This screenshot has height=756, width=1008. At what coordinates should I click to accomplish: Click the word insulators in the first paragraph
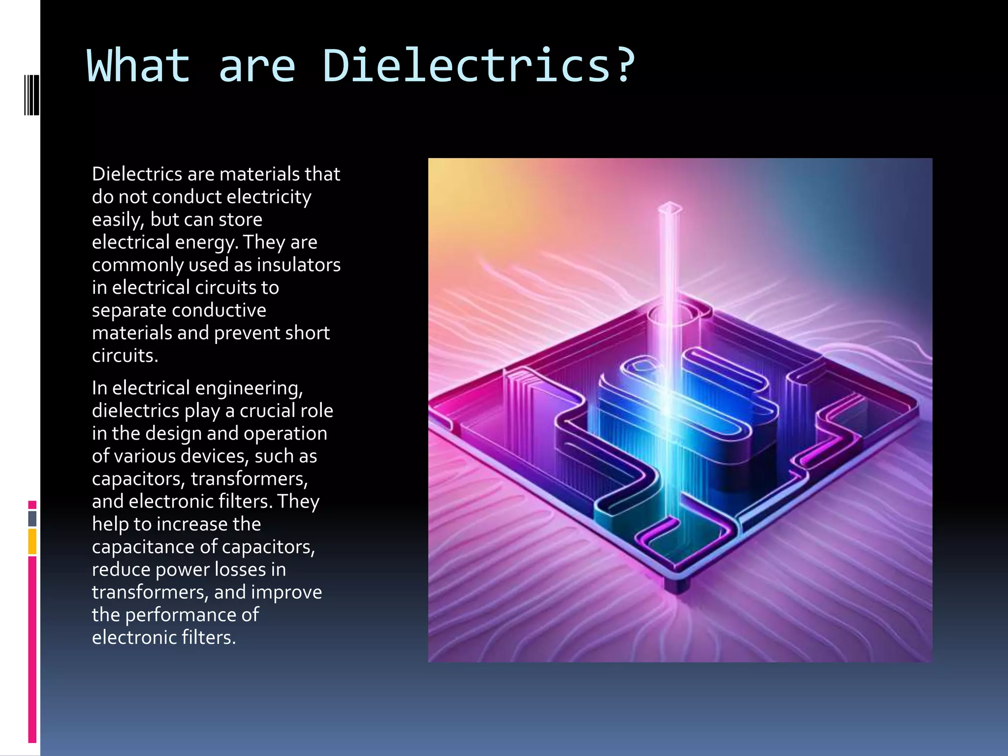298,265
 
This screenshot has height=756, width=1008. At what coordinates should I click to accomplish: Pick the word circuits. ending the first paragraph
125,355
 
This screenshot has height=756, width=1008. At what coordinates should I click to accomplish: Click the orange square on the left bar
32,541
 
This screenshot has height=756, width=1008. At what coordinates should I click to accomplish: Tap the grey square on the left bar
32,518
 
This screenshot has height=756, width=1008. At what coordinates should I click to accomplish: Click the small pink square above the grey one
32,505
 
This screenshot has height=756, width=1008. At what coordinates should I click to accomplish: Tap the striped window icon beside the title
31,95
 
